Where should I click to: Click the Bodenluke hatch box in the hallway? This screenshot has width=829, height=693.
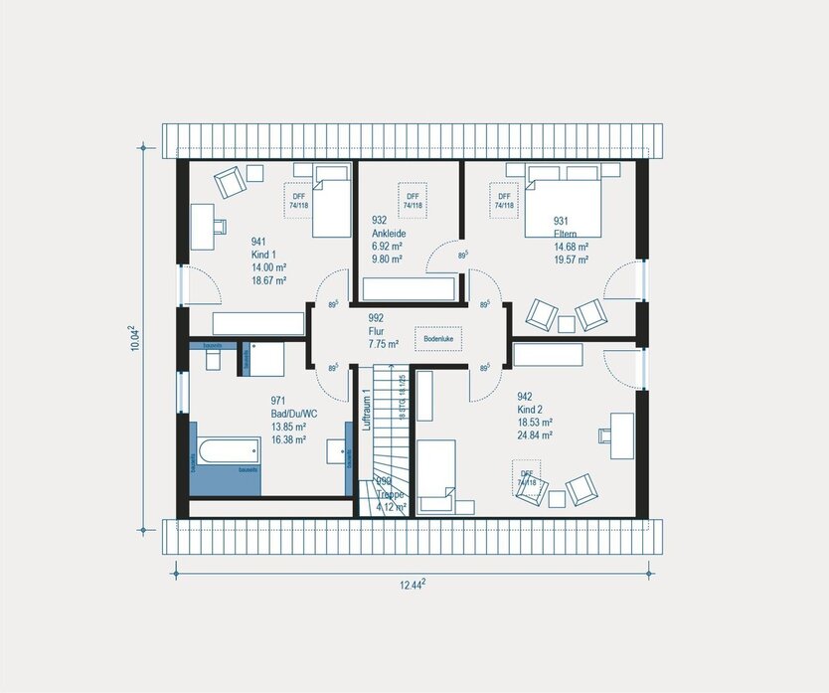click(x=437, y=338)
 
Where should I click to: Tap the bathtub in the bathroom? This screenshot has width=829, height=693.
click(x=225, y=453)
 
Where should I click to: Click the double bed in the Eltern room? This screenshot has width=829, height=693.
click(x=564, y=201)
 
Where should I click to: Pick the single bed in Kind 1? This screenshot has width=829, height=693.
click(x=330, y=201)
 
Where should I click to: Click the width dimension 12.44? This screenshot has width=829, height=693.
click(x=412, y=584)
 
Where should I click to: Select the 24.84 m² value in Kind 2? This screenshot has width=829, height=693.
click(x=535, y=434)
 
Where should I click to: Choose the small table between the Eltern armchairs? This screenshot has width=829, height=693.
click(x=567, y=323)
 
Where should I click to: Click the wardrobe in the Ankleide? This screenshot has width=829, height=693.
click(x=409, y=289)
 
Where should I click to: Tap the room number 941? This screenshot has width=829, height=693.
click(x=258, y=242)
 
